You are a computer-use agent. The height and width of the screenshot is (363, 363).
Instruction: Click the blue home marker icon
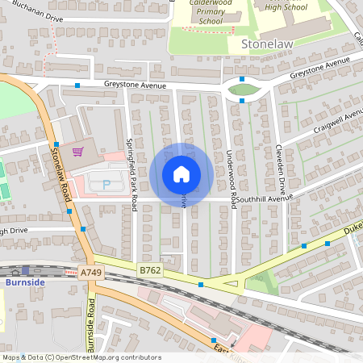pyautogui.click(x=181, y=174)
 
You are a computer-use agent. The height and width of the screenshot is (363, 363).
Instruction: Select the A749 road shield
pyautogui.click(x=91, y=273)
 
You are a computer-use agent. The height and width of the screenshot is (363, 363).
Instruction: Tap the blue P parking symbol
pyautogui.click(x=106, y=186)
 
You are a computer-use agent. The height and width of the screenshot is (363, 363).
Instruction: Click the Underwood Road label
pyautogui.click(x=232, y=175)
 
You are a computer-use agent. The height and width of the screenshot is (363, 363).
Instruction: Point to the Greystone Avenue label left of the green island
pyautogui.click(x=135, y=85)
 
